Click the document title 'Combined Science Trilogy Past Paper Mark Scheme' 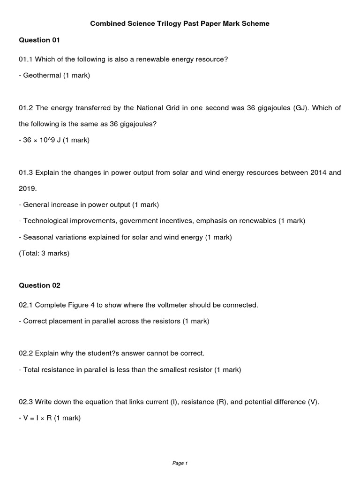[180, 23]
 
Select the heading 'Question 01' [39, 40]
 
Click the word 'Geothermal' [42, 75]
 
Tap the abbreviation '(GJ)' [300, 108]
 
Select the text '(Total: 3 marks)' [44, 254]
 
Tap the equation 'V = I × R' [37, 418]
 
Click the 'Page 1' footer [180, 464]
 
